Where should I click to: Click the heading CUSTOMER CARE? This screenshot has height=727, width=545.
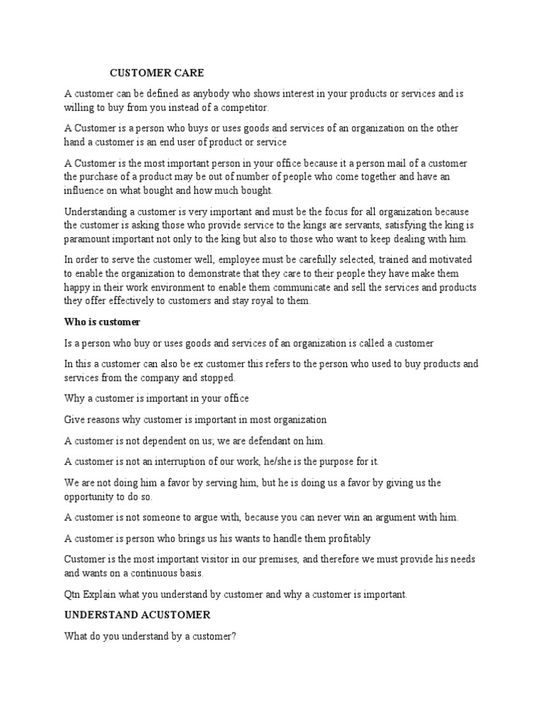click(x=156, y=72)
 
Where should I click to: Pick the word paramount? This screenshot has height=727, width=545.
click(x=87, y=239)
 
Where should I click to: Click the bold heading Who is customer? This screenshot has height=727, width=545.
click(x=102, y=322)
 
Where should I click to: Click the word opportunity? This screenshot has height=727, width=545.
click(x=90, y=496)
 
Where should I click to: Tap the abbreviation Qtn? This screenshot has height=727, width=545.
click(x=74, y=594)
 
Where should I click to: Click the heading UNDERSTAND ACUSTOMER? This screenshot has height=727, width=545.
click(x=137, y=615)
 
